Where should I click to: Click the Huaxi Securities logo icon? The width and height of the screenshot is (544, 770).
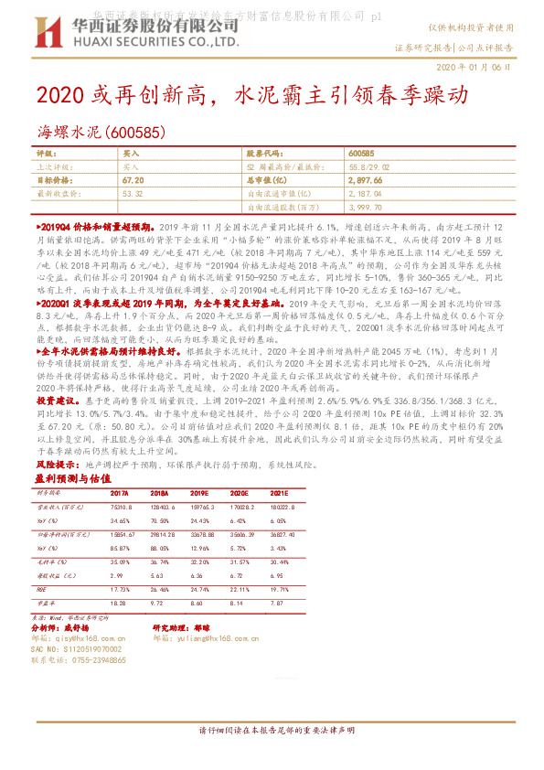pyautogui.click(x=43, y=35)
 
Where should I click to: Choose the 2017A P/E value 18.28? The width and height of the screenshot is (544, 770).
pyautogui.click(x=117, y=604)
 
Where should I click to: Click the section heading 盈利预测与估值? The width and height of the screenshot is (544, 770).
pyautogui.click(x=72, y=478)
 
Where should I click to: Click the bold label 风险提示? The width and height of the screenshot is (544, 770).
pyautogui.click(x=55, y=465)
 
